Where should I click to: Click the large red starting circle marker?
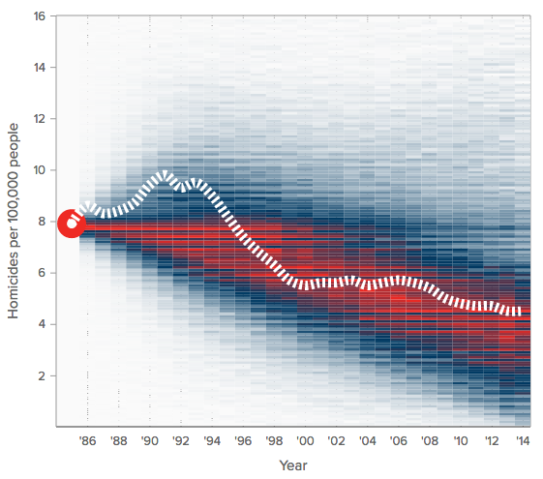pos(72,224)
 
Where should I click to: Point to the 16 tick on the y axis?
pos(40,16)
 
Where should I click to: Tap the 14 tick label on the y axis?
pos(40,68)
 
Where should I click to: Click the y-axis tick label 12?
pos(40,119)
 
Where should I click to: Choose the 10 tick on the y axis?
pos(40,170)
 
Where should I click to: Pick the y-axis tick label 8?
pos(43,222)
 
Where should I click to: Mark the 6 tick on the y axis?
pos(43,273)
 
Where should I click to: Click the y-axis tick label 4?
pos(43,324)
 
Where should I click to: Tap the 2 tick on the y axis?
pos(43,375)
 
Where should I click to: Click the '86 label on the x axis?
pos(87,440)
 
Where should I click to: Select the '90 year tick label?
pos(150,440)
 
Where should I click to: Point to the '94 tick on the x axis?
pos(212,440)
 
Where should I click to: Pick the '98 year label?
pos(274,440)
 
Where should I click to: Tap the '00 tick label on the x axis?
pos(305,440)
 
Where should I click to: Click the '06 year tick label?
pos(398,440)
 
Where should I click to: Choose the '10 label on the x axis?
pos(460,440)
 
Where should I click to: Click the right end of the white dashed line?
pos(521,312)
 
